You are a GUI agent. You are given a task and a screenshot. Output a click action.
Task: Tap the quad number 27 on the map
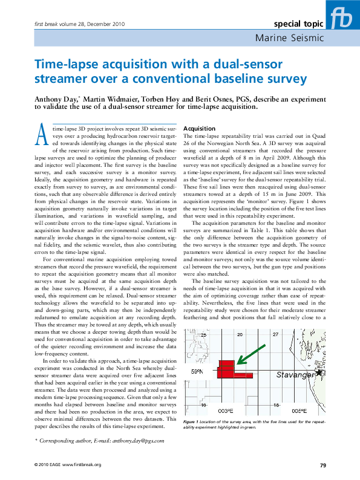click(x=276, y=334)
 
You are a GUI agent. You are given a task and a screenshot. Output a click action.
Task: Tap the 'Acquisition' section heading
click(x=199, y=129)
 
